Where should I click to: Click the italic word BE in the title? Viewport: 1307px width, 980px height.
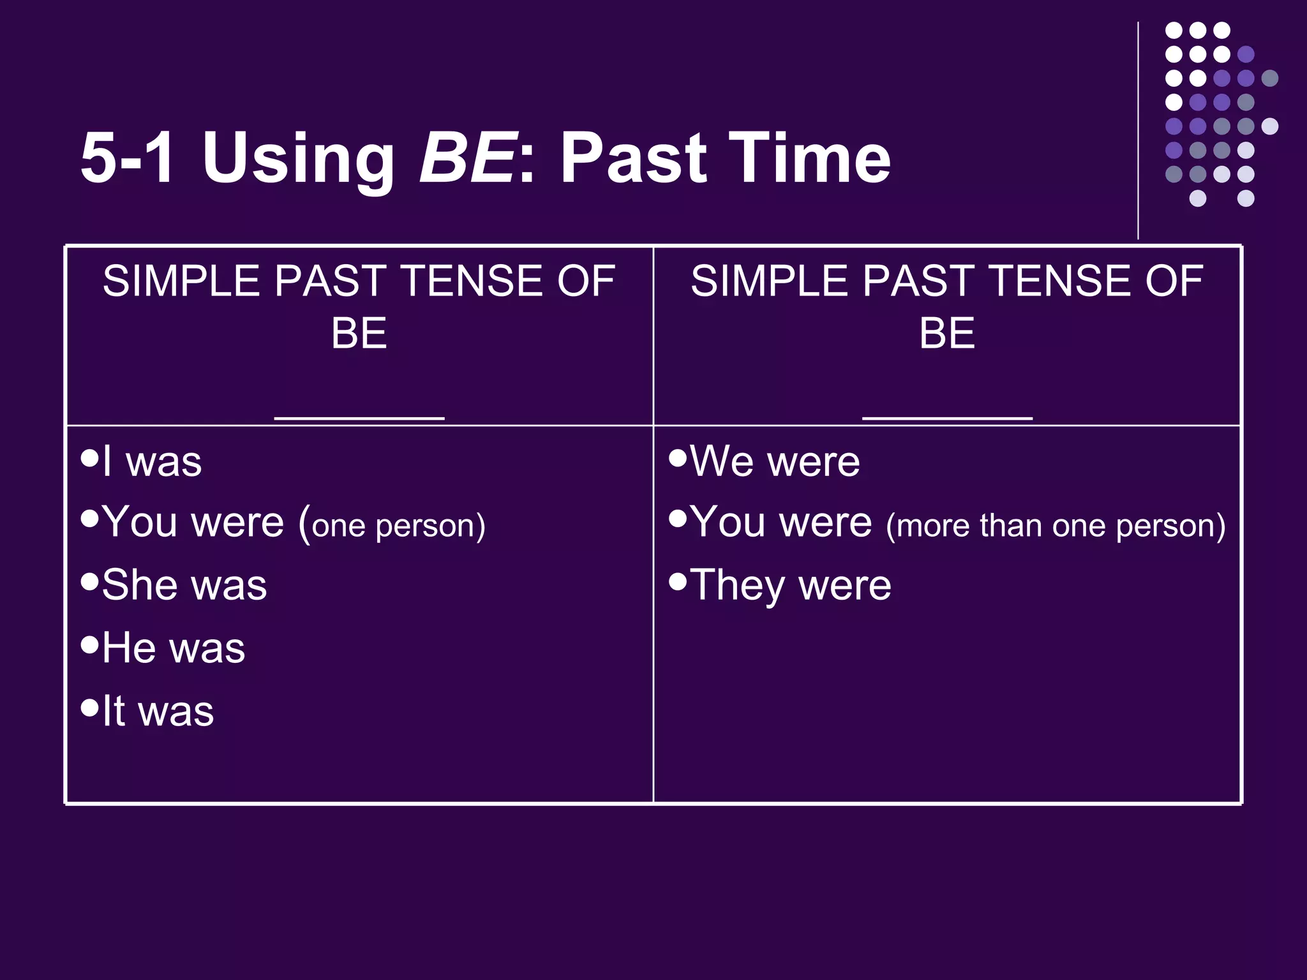(x=467, y=158)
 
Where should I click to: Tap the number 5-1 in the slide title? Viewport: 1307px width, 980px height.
(x=127, y=158)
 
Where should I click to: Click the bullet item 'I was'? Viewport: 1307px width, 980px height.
(x=152, y=461)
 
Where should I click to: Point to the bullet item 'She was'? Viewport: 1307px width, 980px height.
(x=184, y=584)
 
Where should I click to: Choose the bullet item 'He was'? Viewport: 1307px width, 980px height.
(x=173, y=648)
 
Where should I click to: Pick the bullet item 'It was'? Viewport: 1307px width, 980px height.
(x=158, y=710)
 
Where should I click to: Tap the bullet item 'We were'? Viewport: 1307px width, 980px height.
(x=775, y=461)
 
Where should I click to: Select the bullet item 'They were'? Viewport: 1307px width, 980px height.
(x=790, y=584)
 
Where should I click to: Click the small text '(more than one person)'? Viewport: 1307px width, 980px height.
(x=1056, y=526)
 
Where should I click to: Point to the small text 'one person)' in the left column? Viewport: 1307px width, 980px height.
(x=398, y=526)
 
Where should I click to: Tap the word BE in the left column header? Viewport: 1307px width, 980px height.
(x=359, y=333)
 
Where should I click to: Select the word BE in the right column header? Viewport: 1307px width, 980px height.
(x=947, y=333)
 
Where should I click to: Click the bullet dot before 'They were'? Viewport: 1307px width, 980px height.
(x=678, y=581)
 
